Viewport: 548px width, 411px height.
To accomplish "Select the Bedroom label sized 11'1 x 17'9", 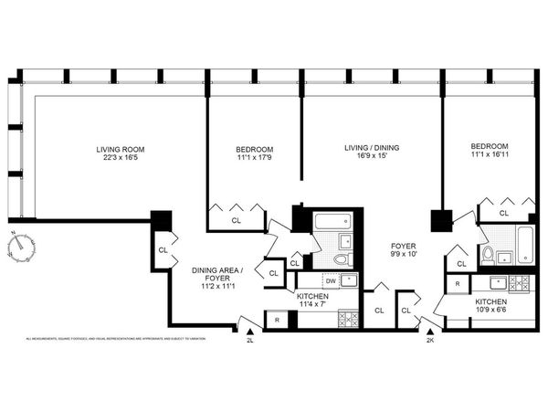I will [255, 154].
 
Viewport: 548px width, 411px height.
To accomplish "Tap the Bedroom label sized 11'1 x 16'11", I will [490, 152].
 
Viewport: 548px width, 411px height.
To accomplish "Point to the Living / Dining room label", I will [371, 152].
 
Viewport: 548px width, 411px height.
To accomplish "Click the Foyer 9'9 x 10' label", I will [405, 250].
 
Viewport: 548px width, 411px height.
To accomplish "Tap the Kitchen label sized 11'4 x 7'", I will [318, 301].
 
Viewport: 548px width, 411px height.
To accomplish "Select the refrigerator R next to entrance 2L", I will [277, 320].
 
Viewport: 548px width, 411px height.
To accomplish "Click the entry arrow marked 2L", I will [249, 333].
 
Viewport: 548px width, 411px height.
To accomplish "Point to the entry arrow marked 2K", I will [429, 333].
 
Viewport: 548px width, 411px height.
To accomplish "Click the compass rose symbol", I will [18, 248].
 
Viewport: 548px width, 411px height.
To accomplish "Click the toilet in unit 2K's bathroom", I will [489, 255].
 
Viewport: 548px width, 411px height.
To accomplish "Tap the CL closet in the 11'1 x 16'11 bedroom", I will [505, 213].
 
